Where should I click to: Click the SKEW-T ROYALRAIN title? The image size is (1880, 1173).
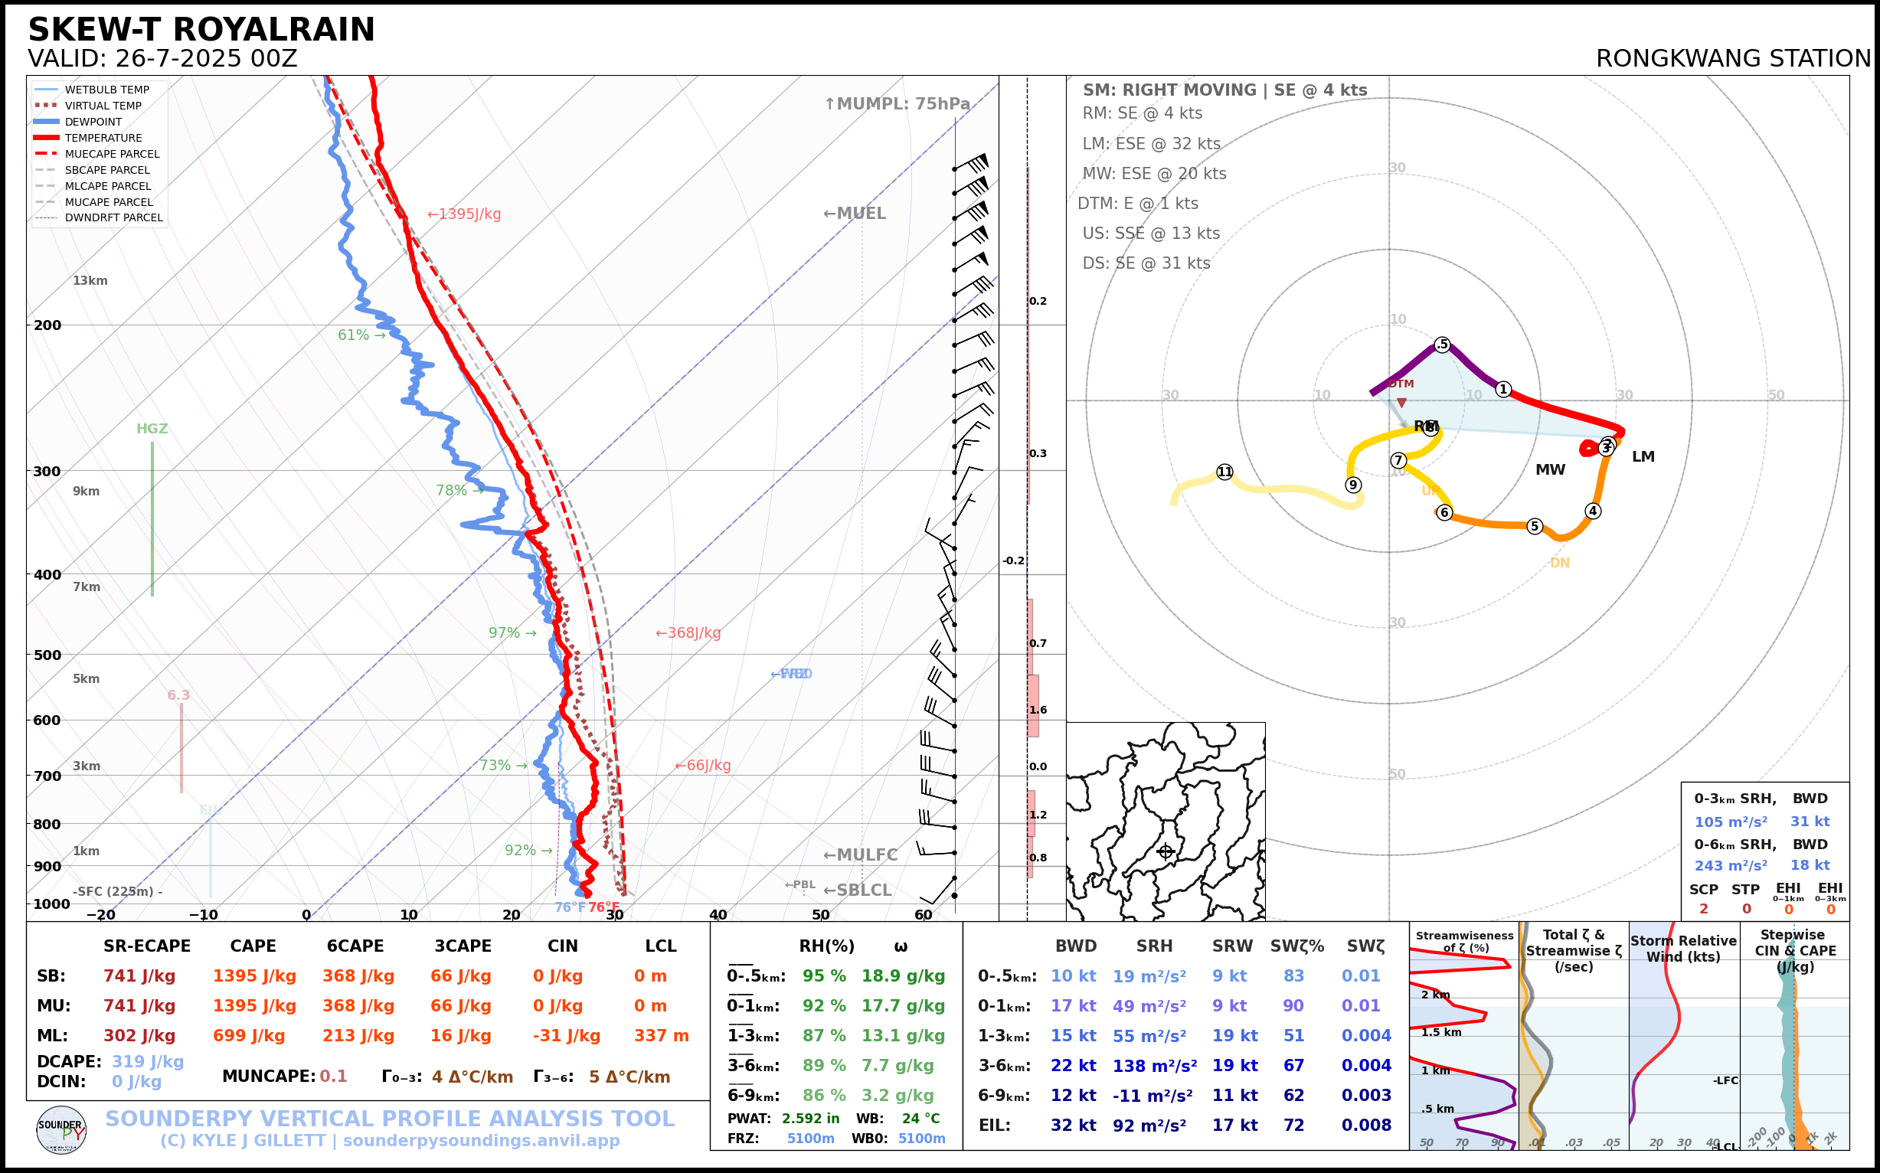point(201,30)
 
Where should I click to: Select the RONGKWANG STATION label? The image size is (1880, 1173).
point(1732,59)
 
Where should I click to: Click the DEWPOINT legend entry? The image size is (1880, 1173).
point(93,122)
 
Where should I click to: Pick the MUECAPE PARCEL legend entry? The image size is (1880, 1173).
point(112,154)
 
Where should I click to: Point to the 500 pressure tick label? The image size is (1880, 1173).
point(47,655)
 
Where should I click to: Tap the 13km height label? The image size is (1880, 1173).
point(90,281)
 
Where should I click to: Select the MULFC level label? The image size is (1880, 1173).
point(860,855)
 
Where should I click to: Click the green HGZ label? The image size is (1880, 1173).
point(152,429)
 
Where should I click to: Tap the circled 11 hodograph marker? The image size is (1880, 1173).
point(1224,472)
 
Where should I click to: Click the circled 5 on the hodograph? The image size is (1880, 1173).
point(1534,526)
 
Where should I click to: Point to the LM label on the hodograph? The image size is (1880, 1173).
point(1643,457)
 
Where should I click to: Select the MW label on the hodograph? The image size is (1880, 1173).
point(1550,470)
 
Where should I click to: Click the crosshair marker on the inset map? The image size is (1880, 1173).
point(1166,852)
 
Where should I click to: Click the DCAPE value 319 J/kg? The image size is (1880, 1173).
point(148,1061)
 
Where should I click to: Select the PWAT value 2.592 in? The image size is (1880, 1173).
point(810,1118)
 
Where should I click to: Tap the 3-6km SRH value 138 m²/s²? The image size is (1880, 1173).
point(1154,1066)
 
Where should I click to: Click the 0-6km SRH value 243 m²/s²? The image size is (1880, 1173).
point(1730,865)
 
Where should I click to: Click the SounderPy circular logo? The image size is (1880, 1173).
point(61,1129)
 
